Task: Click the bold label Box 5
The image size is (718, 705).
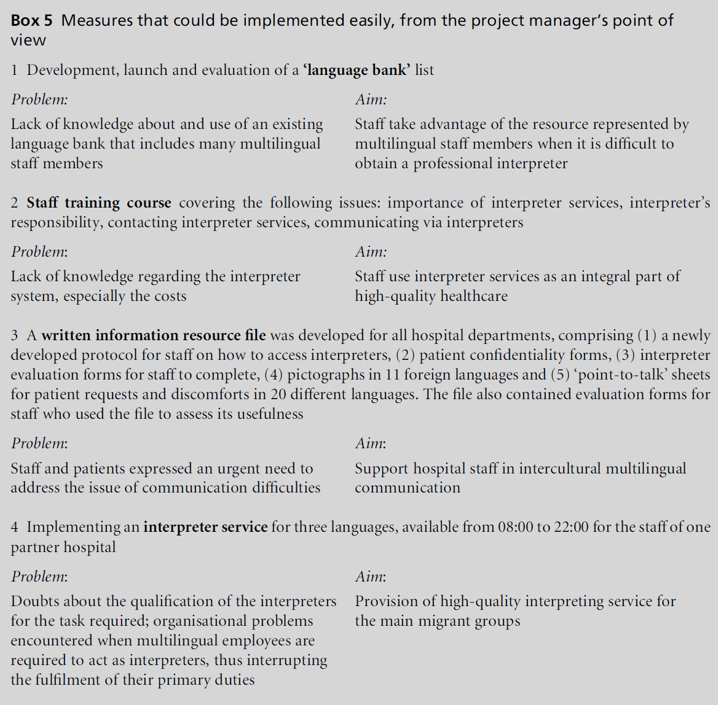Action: coord(32,20)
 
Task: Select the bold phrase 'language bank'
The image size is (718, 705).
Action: coord(357,70)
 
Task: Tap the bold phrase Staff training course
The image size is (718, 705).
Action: coord(99,203)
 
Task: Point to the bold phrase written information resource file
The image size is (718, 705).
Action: coord(154,335)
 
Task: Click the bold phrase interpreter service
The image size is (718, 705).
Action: coord(205,527)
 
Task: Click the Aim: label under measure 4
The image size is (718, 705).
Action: coord(371,577)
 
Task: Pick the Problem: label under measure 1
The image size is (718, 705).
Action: coord(39,99)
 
